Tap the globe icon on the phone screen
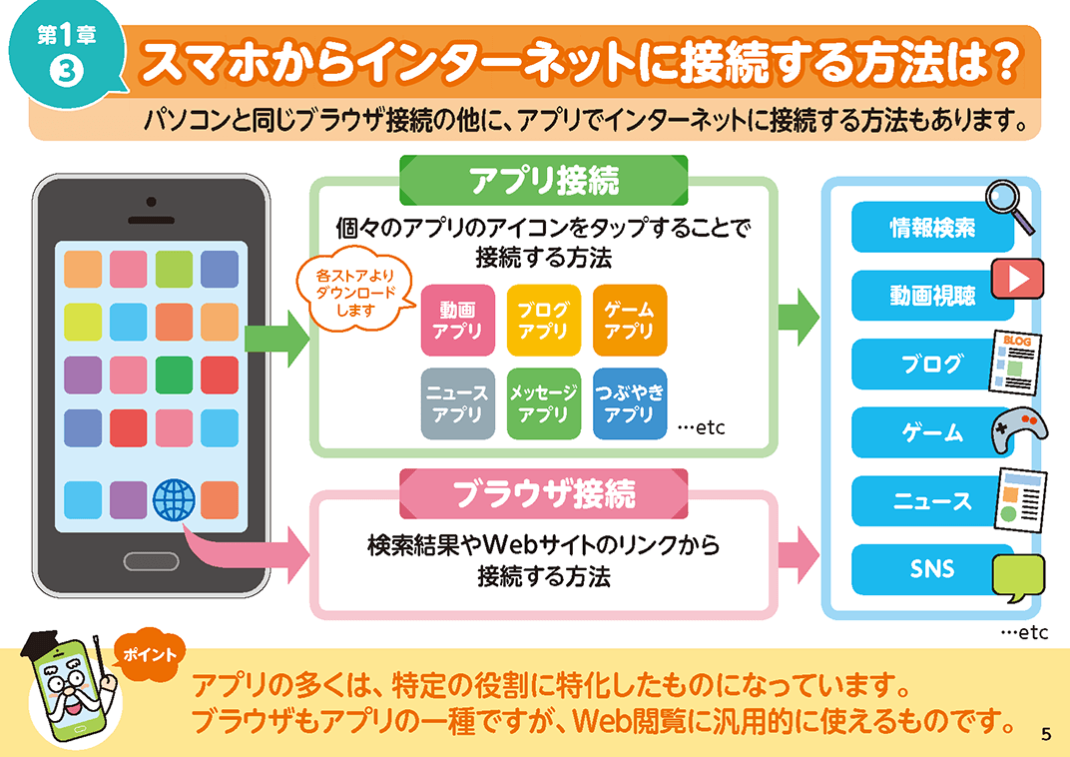[174, 499]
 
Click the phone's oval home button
[151, 562]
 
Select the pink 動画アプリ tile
[457, 321]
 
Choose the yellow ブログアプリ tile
[543, 321]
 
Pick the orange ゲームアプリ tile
[629, 321]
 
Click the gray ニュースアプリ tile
[457, 403]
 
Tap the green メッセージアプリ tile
[543, 403]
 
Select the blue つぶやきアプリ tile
[629, 403]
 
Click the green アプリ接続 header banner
[544, 180]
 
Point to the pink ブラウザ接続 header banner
[544, 493]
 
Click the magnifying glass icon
[1009, 206]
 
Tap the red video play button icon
[1017, 279]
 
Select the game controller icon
[1019, 430]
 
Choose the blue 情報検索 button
[932, 228]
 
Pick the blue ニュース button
[932, 501]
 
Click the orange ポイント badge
[150, 654]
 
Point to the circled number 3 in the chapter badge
[67, 71]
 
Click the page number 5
[1046, 734]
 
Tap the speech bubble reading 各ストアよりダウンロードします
[355, 293]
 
